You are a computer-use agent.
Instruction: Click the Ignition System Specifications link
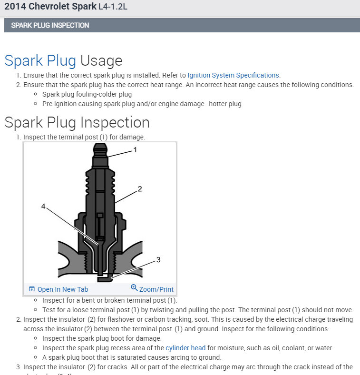click(234, 75)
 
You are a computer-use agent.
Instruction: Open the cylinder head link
click(185, 348)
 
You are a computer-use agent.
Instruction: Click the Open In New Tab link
click(62, 289)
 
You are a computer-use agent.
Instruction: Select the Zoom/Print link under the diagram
click(156, 289)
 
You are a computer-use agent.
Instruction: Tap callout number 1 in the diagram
click(135, 150)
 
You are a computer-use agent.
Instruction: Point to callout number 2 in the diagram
click(140, 189)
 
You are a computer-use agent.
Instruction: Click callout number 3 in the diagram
click(158, 260)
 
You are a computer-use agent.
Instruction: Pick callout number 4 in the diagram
click(43, 207)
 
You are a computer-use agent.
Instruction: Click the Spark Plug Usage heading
click(63, 61)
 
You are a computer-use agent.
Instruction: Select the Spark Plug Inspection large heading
click(77, 122)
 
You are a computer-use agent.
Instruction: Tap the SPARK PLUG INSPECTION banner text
click(50, 25)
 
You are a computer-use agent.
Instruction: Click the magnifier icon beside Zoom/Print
click(134, 288)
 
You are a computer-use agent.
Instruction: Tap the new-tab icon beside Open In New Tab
click(32, 289)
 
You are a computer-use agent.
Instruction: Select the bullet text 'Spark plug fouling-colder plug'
click(87, 94)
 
